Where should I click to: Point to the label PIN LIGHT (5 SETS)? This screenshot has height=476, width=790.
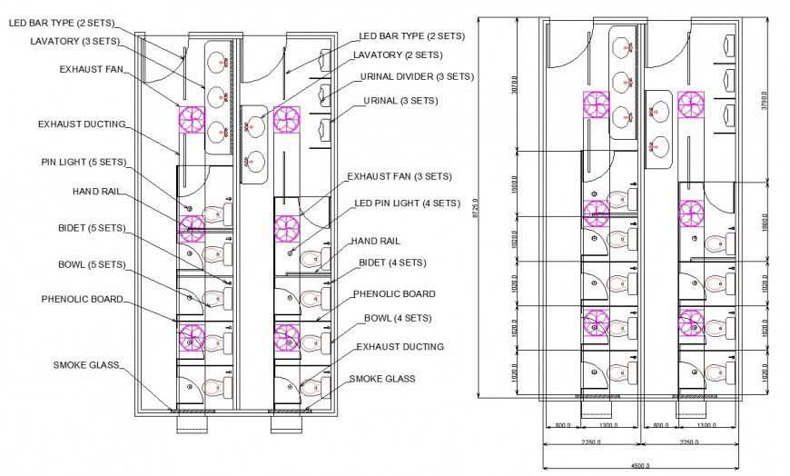[83, 162]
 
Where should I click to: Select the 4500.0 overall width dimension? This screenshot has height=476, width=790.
[639, 466]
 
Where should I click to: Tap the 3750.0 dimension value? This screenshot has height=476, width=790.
[765, 100]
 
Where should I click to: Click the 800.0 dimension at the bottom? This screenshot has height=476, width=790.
[562, 425]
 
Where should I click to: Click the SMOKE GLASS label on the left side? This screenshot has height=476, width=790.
[86, 365]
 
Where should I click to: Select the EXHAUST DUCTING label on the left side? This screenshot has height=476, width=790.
[82, 124]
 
